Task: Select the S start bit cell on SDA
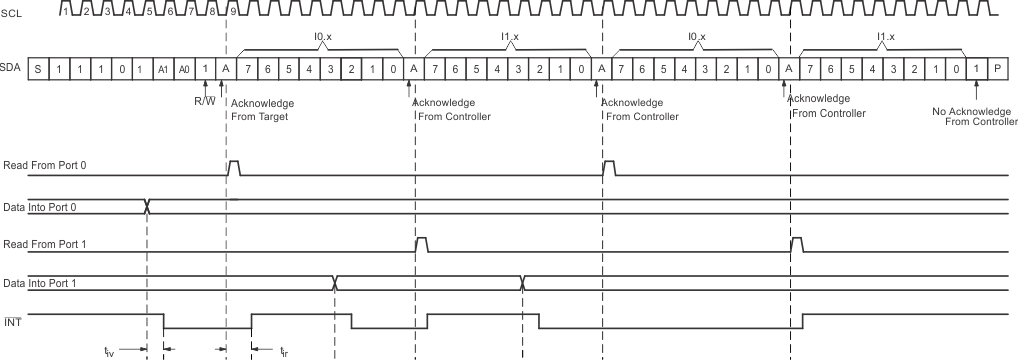37,68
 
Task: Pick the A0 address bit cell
184,68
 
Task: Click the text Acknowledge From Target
262,109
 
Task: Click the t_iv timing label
109,350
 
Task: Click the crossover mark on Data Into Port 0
147,206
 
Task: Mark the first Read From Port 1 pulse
422,243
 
